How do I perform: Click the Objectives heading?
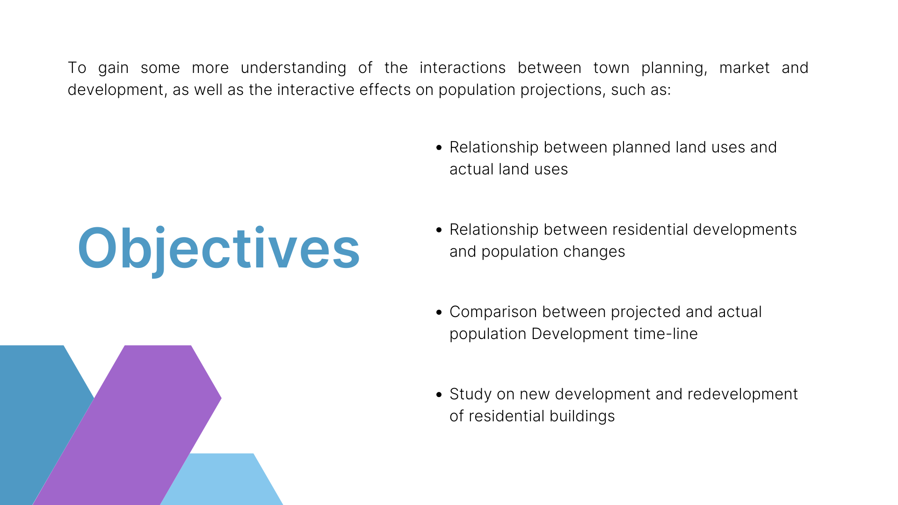click(x=219, y=248)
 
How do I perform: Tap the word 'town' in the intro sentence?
click(x=611, y=68)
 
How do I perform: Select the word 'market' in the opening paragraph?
click(x=744, y=68)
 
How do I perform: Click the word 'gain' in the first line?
click(x=113, y=68)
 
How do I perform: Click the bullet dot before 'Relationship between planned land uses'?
click(x=439, y=148)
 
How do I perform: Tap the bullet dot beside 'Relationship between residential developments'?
click(x=439, y=230)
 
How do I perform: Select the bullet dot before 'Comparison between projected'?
click(x=439, y=312)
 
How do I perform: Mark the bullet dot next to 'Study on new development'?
click(x=439, y=395)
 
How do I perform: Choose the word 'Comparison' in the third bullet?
click(x=493, y=312)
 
